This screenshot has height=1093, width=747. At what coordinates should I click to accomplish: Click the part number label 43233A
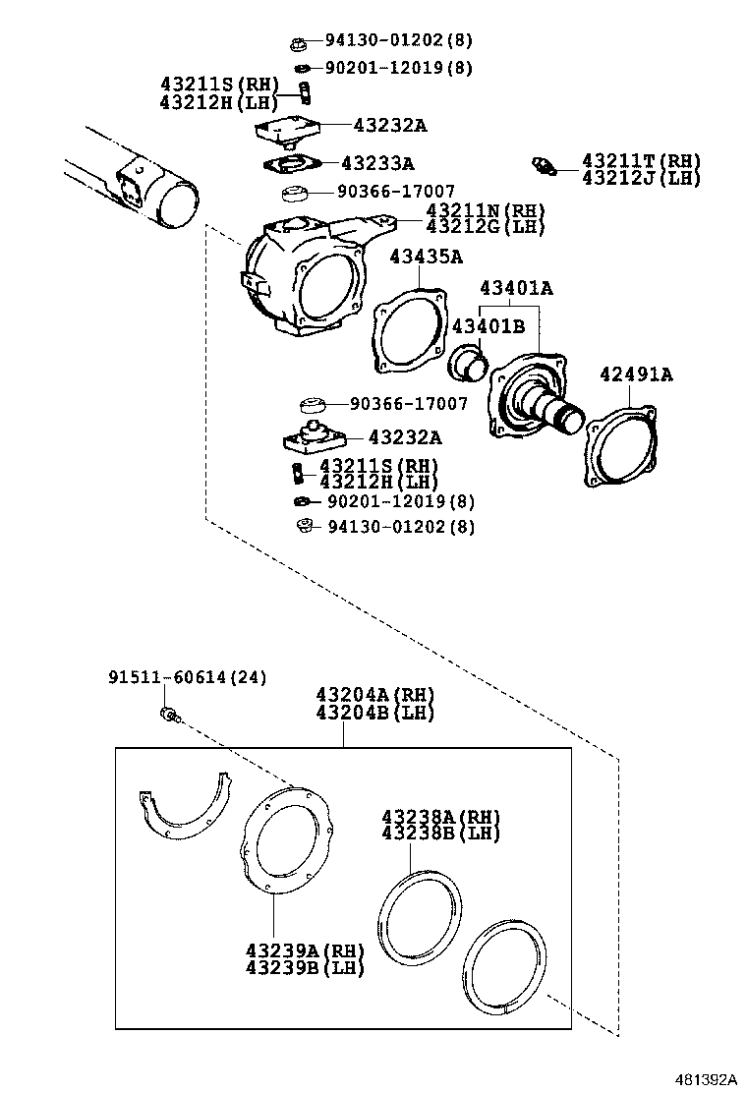(x=377, y=163)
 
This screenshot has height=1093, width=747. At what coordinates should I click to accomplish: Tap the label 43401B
(x=488, y=326)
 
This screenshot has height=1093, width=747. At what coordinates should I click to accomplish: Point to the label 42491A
(x=637, y=374)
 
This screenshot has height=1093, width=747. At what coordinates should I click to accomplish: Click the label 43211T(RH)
(x=641, y=160)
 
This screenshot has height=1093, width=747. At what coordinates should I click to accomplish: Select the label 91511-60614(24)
(x=173, y=678)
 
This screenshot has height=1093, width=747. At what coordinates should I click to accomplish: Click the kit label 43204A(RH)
(x=374, y=695)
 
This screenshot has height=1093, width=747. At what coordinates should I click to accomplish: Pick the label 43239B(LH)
(x=305, y=967)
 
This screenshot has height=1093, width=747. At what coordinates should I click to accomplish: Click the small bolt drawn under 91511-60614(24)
(x=168, y=715)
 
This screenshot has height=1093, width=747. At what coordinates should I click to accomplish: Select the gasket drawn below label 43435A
(x=405, y=330)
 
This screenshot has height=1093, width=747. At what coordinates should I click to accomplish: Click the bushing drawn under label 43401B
(x=468, y=363)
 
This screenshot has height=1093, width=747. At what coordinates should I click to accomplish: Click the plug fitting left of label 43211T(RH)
(x=543, y=166)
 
